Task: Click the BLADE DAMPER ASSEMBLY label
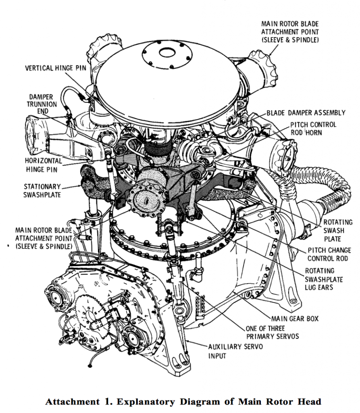306,113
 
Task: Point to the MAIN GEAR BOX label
295,318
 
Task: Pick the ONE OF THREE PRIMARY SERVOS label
272,332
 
